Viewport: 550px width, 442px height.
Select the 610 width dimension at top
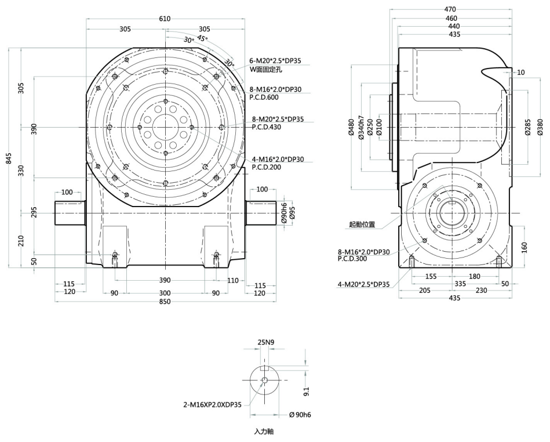click(165, 19)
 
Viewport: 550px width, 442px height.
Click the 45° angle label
click(202, 38)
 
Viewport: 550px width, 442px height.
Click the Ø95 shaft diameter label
click(292, 212)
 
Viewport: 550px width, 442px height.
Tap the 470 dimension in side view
click(450, 9)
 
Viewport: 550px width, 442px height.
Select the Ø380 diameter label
click(540, 127)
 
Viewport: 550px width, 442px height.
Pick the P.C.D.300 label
click(354, 259)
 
